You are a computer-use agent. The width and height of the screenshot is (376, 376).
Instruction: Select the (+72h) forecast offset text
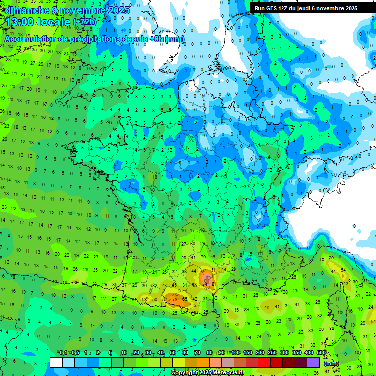click(85, 22)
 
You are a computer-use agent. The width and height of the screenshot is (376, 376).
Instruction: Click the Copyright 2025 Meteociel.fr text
click(208, 372)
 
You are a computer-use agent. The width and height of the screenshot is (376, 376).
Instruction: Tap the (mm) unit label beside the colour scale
click(331, 363)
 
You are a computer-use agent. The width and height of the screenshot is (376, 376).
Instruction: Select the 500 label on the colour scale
click(321, 353)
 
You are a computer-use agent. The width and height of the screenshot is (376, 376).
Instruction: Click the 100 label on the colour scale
click(235, 353)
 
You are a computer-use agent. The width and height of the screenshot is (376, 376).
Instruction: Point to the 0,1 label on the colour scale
click(63, 353)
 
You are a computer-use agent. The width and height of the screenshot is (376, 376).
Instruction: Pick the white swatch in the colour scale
click(56, 362)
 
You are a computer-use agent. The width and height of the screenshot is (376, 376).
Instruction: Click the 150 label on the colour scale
click(248, 353)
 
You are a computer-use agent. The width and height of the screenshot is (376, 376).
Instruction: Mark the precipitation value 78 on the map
click(174, 293)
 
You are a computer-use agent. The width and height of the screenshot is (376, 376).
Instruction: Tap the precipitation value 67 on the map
click(204, 271)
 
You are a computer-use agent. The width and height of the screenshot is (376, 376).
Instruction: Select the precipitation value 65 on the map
click(184, 299)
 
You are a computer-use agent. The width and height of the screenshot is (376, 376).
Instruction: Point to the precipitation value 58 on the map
click(144, 299)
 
